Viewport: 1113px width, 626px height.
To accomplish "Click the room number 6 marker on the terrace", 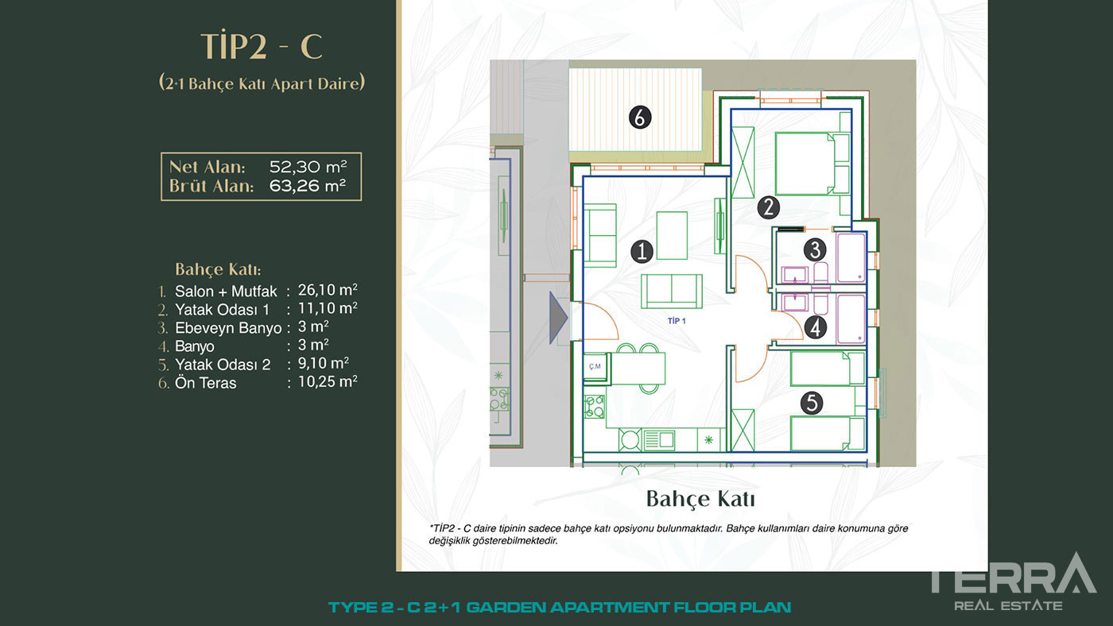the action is pyautogui.click(x=639, y=118).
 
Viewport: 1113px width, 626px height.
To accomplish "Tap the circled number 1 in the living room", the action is pyautogui.click(x=642, y=251).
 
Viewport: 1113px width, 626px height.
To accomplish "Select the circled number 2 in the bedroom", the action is pyautogui.click(x=768, y=207).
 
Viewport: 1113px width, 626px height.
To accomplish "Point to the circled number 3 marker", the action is pyautogui.click(x=815, y=249).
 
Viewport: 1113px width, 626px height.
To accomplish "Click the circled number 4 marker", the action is pyautogui.click(x=815, y=327).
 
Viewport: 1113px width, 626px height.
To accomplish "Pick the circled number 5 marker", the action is pyautogui.click(x=812, y=403).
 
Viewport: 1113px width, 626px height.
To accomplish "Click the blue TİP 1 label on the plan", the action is pyautogui.click(x=677, y=321).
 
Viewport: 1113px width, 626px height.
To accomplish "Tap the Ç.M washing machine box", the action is pyautogui.click(x=595, y=367).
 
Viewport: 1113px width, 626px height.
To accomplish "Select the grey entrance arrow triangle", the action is pyautogui.click(x=558, y=318).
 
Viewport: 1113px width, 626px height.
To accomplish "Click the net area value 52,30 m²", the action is pyautogui.click(x=308, y=167).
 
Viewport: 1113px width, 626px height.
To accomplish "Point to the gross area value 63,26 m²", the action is pyautogui.click(x=308, y=186).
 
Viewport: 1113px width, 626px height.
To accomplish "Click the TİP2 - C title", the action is pyautogui.click(x=262, y=46).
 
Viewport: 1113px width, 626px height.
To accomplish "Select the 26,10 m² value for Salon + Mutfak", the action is pyautogui.click(x=328, y=290).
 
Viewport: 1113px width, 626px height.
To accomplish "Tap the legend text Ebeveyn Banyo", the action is pyautogui.click(x=228, y=328).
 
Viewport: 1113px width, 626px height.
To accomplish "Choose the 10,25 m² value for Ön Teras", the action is pyautogui.click(x=328, y=382).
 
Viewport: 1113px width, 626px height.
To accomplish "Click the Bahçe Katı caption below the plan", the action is pyautogui.click(x=700, y=499).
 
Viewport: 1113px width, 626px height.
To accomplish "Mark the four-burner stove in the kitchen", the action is pyautogui.click(x=595, y=406).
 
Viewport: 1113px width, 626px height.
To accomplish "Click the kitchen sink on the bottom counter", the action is pyautogui.click(x=659, y=440).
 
